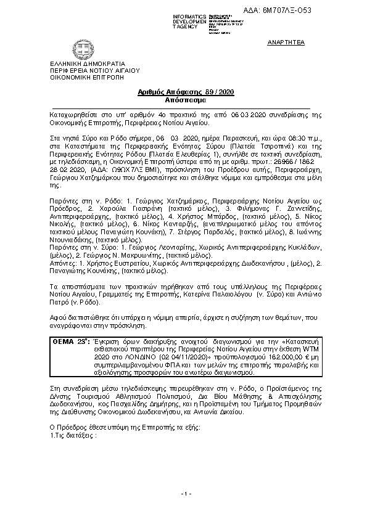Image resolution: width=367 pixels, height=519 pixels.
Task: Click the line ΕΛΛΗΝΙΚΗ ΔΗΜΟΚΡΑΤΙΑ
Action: coord(88,63)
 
